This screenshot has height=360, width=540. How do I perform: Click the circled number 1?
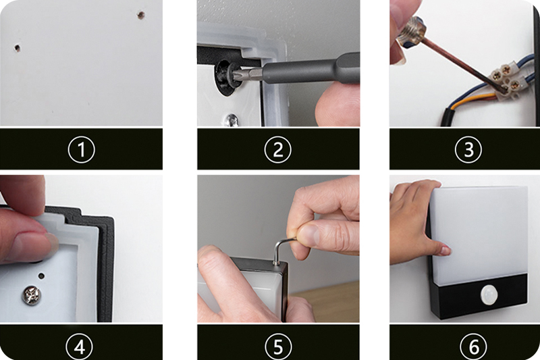[81, 149]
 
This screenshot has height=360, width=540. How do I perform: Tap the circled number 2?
[277, 149]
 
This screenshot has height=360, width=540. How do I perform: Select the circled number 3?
[468, 149]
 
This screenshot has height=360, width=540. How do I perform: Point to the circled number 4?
[80, 347]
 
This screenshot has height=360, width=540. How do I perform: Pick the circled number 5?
[278, 347]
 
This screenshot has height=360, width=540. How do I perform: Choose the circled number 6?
[474, 347]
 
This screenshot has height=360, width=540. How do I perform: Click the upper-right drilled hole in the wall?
[141, 15]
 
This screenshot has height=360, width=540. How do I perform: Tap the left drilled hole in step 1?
[17, 48]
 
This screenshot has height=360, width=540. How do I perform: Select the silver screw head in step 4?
[31, 296]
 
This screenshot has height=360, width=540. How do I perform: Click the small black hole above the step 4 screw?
[41, 276]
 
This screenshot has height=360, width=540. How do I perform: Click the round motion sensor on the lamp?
[490, 294]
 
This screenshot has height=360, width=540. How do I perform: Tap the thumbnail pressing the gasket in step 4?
[53, 241]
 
